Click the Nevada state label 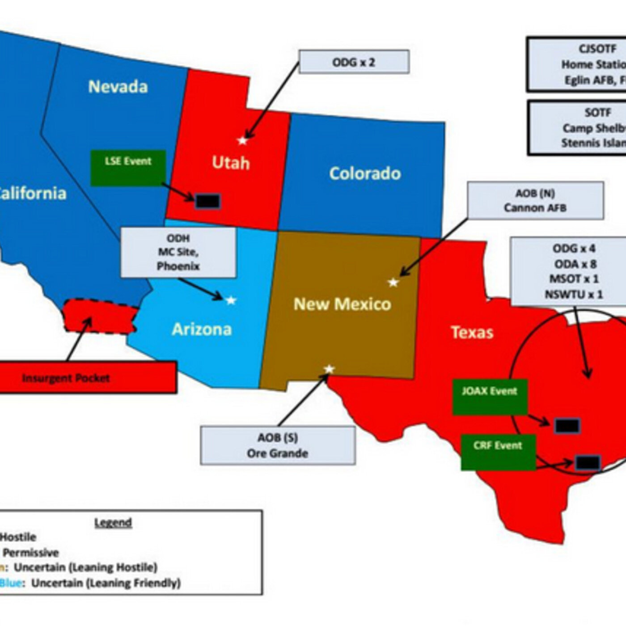[118, 86]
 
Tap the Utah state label [230, 163]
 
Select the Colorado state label [365, 173]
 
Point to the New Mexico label [342, 304]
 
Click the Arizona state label [202, 330]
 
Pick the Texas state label [472, 332]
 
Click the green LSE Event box [128, 168]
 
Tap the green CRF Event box [498, 452]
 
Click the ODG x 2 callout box [354, 62]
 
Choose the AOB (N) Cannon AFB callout [535, 200]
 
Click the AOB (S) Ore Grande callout [278, 445]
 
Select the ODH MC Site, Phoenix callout [178, 252]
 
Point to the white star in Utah [242, 141]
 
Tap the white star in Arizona [231, 300]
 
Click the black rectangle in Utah [208, 201]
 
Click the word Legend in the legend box [113, 522]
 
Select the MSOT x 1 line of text [574, 279]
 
